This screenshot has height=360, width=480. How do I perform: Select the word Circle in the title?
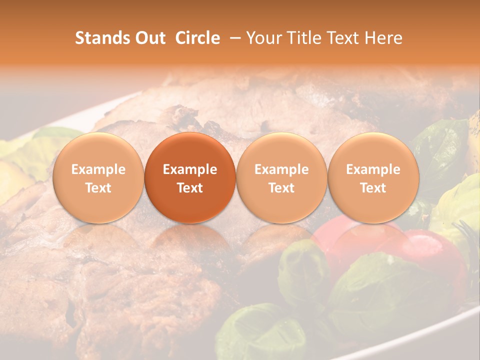197,38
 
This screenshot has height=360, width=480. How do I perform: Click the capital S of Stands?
79,38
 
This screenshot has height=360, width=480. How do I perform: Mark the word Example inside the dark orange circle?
190,169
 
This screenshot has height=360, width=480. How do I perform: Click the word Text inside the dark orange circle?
190,188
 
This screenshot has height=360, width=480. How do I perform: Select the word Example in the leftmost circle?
98,169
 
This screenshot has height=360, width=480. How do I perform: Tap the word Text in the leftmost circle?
98,188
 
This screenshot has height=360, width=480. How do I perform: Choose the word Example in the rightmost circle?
373,169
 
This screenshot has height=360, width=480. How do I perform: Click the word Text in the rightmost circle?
373,188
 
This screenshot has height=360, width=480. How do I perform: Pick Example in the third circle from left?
281,169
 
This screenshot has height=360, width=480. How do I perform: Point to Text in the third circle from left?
281,188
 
